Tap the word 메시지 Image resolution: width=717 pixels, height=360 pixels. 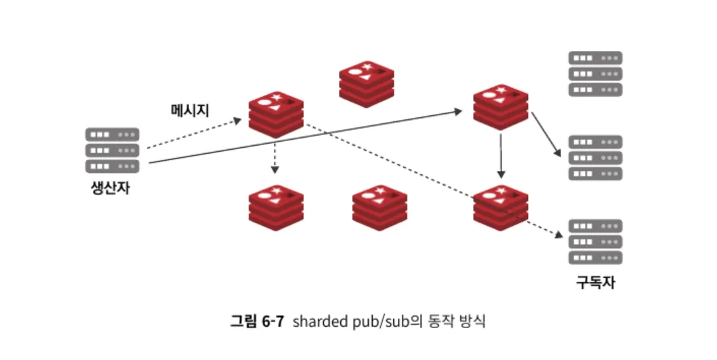(x=190, y=111)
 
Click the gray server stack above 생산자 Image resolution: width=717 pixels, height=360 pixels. (x=112, y=151)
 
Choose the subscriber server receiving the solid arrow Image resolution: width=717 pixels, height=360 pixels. (x=595, y=158)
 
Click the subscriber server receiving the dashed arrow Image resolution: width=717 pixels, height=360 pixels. (x=595, y=242)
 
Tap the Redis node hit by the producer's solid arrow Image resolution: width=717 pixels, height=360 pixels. (x=501, y=107)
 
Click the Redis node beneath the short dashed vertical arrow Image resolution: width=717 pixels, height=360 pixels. (x=275, y=206)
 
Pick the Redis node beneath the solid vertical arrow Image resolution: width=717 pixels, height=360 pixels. (x=501, y=206)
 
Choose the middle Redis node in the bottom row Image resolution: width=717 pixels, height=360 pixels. (x=380, y=206)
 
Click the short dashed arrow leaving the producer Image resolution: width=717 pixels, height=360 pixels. (x=193, y=134)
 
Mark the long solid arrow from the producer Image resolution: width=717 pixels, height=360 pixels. (x=305, y=136)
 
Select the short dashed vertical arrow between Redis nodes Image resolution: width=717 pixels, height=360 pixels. (x=274, y=157)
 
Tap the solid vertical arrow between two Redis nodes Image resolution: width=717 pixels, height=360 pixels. (x=500, y=155)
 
